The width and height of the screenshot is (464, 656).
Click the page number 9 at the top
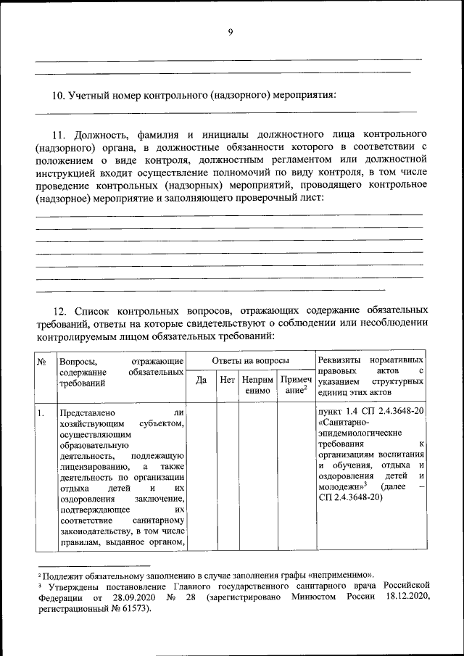click(231, 31)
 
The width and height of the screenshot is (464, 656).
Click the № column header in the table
click(42, 360)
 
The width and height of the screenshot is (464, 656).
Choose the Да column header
click(202, 379)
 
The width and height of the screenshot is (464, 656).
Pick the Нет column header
click(228, 379)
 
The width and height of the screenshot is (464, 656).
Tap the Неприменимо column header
click(258, 385)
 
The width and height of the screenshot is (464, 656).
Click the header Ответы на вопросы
click(250, 360)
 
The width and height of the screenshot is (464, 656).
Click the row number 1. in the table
click(42, 413)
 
